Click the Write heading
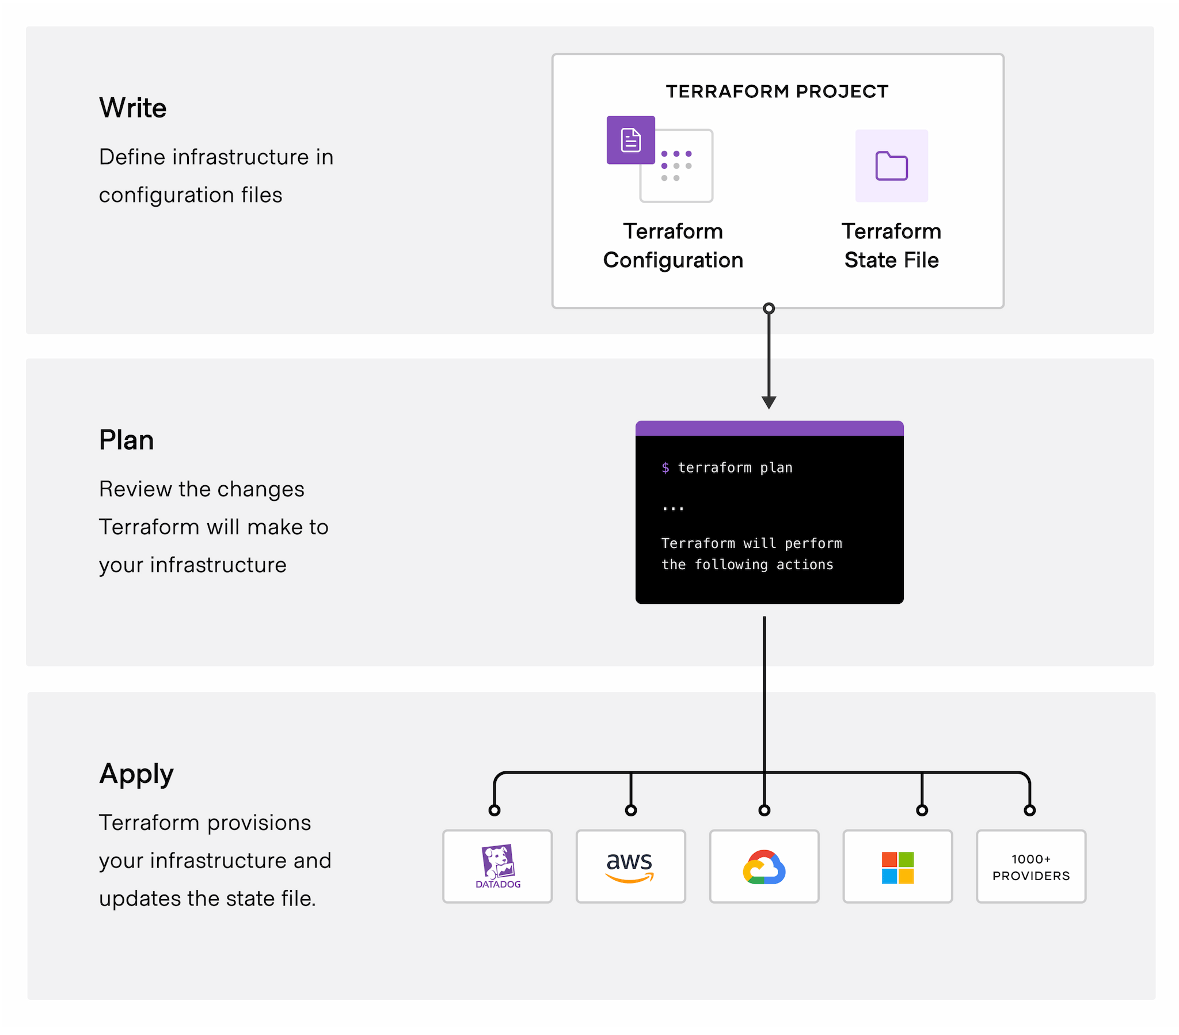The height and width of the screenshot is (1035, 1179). click(132, 108)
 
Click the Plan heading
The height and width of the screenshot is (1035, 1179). click(126, 440)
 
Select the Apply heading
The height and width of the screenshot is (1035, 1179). click(136, 774)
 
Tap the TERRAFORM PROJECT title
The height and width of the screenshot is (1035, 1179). click(777, 91)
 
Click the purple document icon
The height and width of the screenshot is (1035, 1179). click(630, 140)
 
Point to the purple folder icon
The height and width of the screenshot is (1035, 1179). click(891, 166)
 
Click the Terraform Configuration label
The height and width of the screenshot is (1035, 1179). click(672, 246)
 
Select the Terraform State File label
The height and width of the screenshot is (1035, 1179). click(891, 246)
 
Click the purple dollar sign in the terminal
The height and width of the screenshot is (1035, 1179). click(665, 467)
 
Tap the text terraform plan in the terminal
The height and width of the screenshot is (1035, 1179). click(735, 467)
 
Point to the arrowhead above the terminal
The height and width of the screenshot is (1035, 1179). click(769, 402)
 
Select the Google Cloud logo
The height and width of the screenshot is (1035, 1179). click(764, 866)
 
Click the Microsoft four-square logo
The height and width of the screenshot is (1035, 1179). click(897, 867)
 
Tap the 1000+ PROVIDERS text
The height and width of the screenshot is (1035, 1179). click(1030, 867)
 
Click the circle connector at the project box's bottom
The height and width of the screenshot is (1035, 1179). click(769, 309)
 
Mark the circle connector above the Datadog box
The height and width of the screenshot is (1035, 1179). click(495, 810)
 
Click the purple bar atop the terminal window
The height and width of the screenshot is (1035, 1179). click(769, 428)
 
